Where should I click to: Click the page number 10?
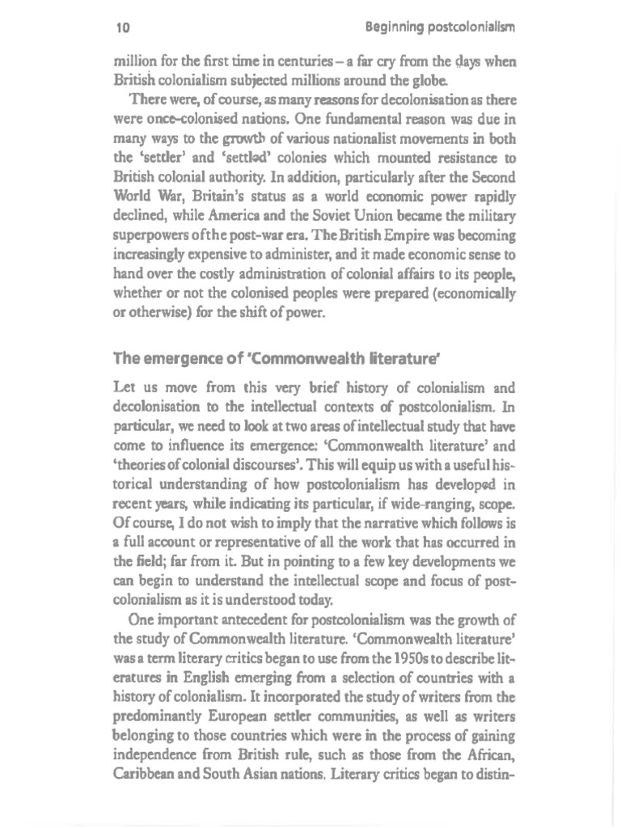coord(123,27)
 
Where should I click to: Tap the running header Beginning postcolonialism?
coord(440,27)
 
